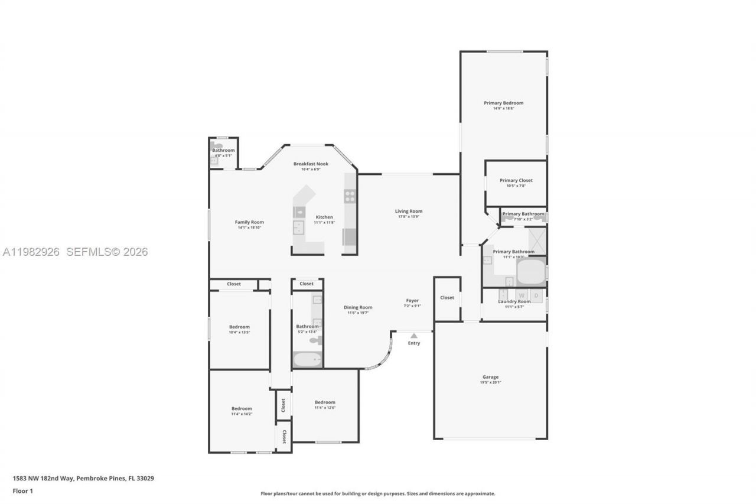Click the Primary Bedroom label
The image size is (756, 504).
click(x=503, y=103)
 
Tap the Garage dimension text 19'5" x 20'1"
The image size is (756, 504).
click(x=490, y=382)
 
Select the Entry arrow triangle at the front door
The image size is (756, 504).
click(x=413, y=336)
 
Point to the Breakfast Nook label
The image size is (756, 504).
click(x=311, y=164)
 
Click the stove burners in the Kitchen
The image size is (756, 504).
click(x=350, y=196)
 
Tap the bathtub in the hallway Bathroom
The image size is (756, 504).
click(x=307, y=359)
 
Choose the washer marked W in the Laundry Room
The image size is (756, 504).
click(x=522, y=294)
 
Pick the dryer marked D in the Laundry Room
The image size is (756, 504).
click(x=536, y=294)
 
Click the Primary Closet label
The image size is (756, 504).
click(x=516, y=180)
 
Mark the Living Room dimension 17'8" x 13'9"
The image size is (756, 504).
click(x=409, y=217)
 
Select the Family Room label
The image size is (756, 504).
click(x=249, y=222)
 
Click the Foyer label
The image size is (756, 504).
click(x=412, y=300)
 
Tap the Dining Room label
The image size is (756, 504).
click(x=358, y=307)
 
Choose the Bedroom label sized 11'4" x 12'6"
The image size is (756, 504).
click(x=325, y=402)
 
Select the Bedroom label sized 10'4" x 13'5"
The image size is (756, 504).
click(x=239, y=327)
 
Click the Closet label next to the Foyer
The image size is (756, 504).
click(x=447, y=297)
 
